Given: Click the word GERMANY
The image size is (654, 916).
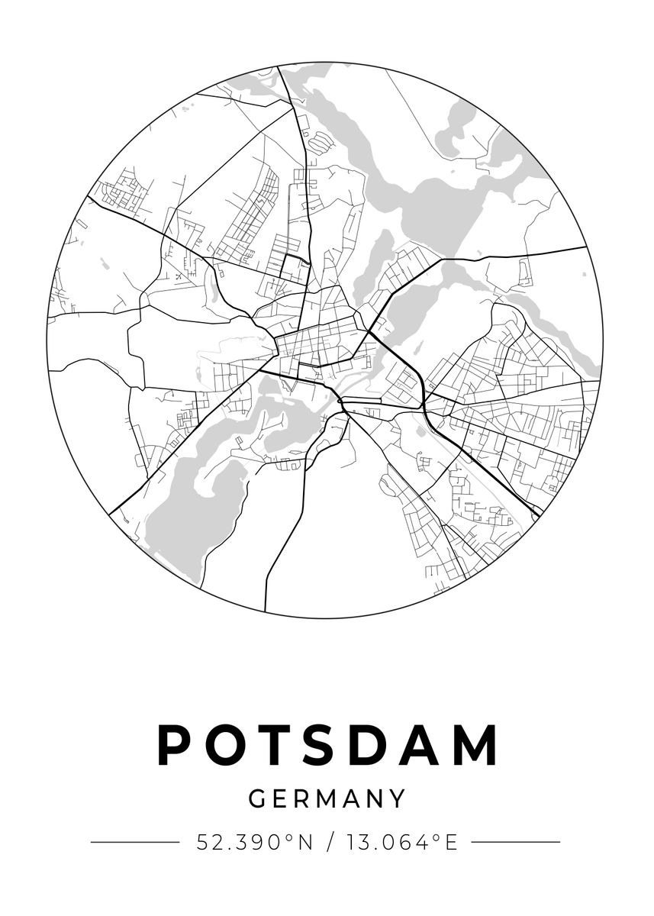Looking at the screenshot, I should (x=327, y=799).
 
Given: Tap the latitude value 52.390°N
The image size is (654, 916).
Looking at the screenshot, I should (x=255, y=843).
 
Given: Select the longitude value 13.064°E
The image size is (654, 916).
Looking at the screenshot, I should (x=402, y=843).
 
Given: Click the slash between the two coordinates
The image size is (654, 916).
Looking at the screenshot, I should (x=330, y=843).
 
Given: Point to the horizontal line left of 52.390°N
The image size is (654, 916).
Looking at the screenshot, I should (x=134, y=843).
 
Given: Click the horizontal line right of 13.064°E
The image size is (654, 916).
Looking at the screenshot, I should (x=516, y=843).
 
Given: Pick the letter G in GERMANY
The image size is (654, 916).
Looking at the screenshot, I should (x=258, y=799).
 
